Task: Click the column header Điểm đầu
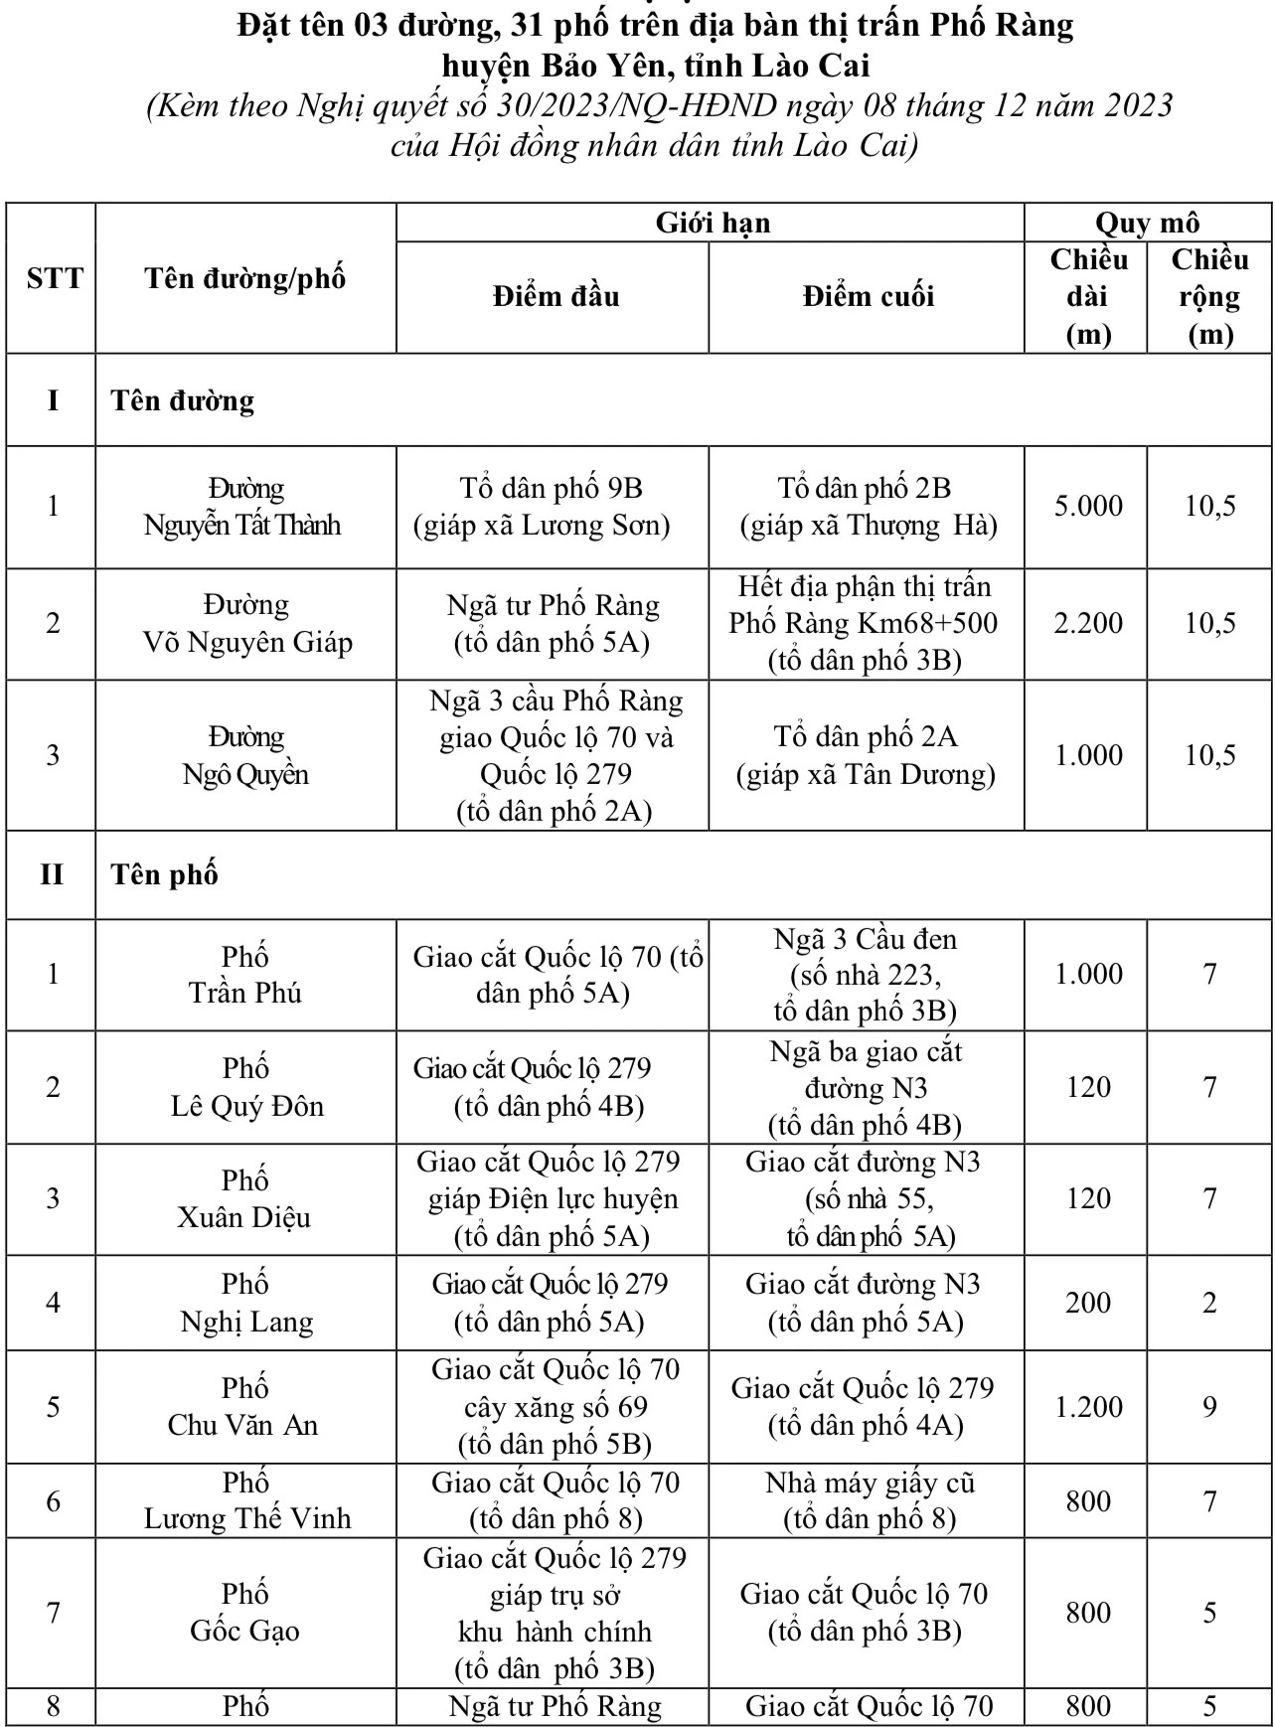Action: point(555,296)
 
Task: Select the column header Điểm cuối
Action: point(868,296)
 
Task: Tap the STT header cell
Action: point(54,278)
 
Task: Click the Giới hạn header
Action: point(712,223)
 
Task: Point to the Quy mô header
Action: point(1147,223)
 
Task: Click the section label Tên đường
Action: point(183,400)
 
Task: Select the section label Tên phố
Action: point(164,874)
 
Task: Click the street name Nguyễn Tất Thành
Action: point(243,524)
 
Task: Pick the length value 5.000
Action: point(1088,507)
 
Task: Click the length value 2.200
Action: point(1088,624)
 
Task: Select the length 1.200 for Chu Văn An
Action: point(1088,1407)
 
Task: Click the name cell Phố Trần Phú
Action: point(244,975)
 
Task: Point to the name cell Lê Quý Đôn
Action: point(246,1106)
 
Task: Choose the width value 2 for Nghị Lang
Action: point(1209,1303)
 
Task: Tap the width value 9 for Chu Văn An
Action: point(1209,1407)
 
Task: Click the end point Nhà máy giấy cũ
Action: point(870,1483)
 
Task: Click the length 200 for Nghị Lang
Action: point(1088,1303)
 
